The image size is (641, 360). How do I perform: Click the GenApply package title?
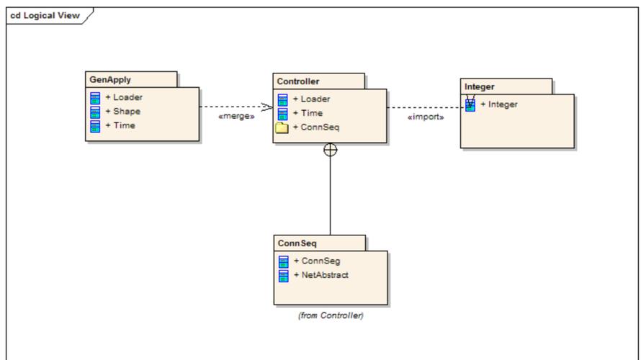(110, 80)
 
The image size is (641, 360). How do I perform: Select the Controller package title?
(298, 81)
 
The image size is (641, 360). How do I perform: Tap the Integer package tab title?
(479, 86)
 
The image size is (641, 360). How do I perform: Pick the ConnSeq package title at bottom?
(297, 243)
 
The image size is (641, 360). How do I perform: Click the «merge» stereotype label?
(236, 116)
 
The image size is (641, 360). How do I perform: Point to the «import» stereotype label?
(426, 117)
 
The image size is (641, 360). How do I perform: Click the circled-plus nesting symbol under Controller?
(331, 150)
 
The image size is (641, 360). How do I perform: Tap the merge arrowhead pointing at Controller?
(267, 107)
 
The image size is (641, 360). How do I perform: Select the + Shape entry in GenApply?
(122, 111)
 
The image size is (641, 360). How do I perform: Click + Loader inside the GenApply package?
(124, 97)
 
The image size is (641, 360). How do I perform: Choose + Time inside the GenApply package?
(120, 125)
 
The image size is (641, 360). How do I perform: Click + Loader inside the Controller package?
(312, 99)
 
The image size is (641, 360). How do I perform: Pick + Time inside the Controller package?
(308, 113)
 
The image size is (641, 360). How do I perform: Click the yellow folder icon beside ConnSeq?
(282, 128)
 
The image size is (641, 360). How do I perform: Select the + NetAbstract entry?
(321, 275)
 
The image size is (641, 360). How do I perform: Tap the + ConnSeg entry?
(317, 261)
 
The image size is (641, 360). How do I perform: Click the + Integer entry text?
(498, 104)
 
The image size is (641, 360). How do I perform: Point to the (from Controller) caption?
(331, 315)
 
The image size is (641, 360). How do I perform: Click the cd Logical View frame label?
(45, 16)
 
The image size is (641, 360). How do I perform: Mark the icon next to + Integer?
(470, 104)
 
